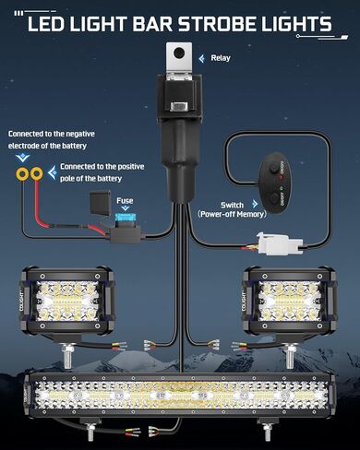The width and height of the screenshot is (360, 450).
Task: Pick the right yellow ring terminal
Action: click(36, 172)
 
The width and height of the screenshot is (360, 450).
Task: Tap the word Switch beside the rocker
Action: click(233, 204)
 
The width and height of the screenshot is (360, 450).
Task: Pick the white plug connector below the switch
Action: click(274, 245)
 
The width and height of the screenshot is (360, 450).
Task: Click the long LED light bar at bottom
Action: click(179, 396)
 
